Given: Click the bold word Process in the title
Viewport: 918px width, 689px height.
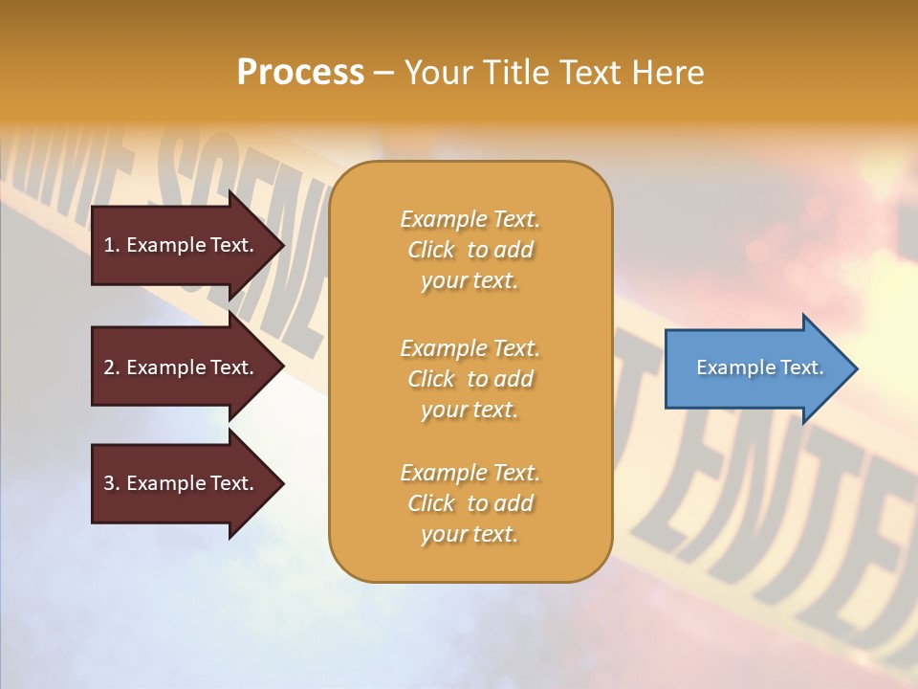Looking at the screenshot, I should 300,73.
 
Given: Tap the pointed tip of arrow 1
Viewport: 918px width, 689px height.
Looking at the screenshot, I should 280,245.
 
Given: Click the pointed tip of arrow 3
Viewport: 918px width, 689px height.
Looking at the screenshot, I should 280,483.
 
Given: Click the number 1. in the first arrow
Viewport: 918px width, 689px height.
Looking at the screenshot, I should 112,245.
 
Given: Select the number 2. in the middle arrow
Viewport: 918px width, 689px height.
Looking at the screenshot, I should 112,367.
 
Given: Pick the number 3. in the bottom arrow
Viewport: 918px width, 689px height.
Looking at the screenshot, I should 112,483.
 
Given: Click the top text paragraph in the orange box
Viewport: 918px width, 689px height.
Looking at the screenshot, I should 470,250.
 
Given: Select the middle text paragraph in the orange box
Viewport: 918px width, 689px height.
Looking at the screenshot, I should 470,379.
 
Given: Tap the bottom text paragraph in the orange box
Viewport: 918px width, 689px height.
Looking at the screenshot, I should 470,503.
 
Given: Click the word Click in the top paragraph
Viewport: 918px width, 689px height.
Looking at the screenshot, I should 431,251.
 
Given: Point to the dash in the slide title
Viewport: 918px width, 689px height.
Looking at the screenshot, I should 383,74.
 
